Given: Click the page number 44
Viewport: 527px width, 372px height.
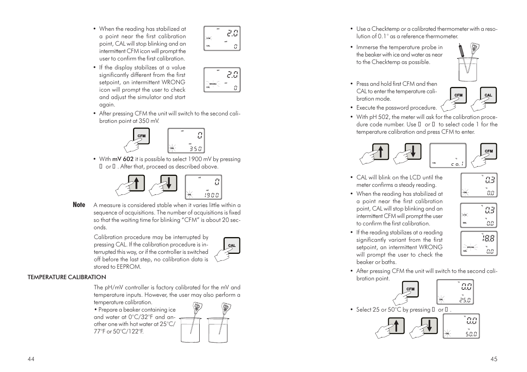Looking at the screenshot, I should pos(31,359).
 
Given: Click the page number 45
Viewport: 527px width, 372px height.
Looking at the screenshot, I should pos(494,359).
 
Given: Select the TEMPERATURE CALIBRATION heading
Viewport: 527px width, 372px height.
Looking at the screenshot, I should pos(67,277).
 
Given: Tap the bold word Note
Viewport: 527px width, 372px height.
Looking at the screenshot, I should pos(79,205).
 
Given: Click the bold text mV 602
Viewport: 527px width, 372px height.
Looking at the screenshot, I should pos(123,159).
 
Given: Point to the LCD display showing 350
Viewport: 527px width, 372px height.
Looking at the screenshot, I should pos(186,141).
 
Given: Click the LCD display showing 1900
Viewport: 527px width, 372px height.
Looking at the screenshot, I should pos(203,187).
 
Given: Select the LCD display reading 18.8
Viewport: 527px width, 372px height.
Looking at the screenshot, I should pos(479,244).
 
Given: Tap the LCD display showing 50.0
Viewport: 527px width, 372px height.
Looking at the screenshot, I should pos(461,326).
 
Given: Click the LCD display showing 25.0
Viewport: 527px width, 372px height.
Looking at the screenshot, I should pos(455,292).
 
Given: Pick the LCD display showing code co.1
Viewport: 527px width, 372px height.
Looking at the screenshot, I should pos(448,156).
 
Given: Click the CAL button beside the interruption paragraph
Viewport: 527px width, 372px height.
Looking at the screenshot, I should pos(232,246).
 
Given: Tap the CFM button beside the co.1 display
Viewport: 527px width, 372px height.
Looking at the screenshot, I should pos(488,151).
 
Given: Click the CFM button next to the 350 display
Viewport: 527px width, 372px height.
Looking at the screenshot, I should pos(141,136).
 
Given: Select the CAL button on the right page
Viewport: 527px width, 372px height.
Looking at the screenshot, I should pos(488,95).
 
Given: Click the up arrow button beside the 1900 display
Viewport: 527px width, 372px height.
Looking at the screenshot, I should pos(137,183).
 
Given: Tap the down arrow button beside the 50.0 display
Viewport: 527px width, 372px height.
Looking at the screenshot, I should pos(429,326).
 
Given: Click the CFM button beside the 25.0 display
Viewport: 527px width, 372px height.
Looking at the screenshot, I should pos(410,289).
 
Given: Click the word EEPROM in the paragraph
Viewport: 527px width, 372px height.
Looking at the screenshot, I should pos(129,267).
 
